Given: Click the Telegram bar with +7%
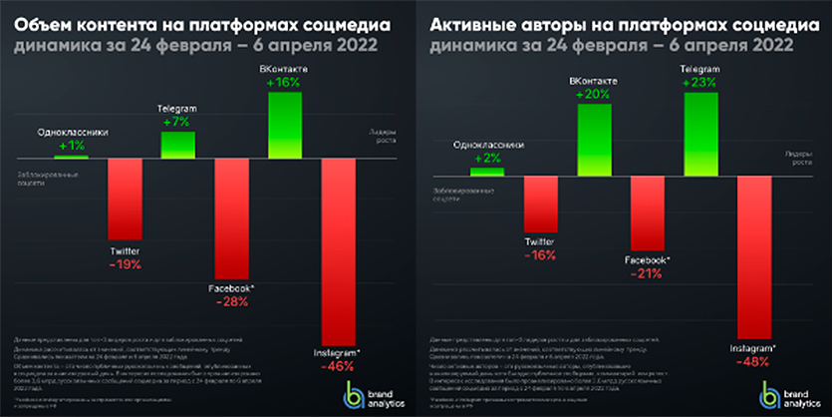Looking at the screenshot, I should pos(178,145).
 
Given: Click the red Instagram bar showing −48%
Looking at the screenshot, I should pos(753,257).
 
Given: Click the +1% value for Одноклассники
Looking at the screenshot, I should pos(72,146).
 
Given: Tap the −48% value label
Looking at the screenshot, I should pos(753,363).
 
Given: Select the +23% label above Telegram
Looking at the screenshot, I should pos(699,83).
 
